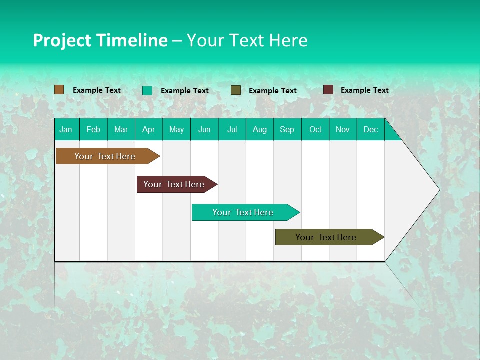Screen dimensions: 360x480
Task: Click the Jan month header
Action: tap(66, 129)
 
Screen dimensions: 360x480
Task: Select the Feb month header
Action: tap(93, 129)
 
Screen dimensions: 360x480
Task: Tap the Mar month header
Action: tap(121, 129)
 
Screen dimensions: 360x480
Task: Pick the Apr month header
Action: tap(149, 129)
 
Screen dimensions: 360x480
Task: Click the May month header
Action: tap(176, 129)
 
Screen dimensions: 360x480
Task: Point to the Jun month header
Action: tap(204, 129)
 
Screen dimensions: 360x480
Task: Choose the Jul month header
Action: tap(232, 129)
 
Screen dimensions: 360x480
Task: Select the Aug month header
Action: tap(260, 129)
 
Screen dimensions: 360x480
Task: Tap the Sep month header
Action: tap(287, 129)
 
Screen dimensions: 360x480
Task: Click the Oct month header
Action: tap(315, 129)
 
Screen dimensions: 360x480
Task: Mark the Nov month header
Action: tap(343, 129)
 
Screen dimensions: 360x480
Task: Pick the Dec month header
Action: tap(371, 129)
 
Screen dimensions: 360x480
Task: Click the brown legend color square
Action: tap(59, 90)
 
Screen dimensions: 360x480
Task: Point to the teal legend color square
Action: tap(147, 90)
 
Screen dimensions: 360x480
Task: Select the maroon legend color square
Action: tap(328, 90)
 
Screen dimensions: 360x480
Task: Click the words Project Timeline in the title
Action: tap(100, 40)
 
